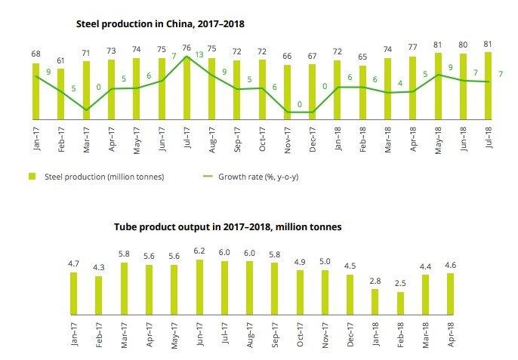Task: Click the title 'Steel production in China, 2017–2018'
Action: [160, 24]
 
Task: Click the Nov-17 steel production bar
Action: [287, 92]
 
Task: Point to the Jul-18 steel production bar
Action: [488, 85]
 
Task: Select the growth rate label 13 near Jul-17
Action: [199, 54]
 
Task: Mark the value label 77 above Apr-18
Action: [413, 47]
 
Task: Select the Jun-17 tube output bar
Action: [199, 287]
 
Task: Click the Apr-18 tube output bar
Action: [450, 294]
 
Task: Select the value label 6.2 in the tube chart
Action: [200, 251]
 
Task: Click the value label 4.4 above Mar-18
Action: [425, 266]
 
